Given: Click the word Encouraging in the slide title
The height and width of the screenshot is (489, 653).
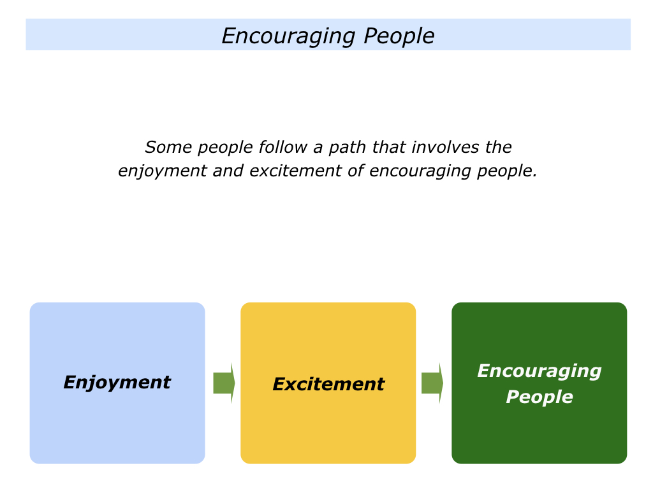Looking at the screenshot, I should (289, 36).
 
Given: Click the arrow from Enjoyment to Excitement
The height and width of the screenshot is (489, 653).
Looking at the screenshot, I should (224, 383).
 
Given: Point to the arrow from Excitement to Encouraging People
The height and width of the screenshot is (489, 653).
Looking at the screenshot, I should (432, 383).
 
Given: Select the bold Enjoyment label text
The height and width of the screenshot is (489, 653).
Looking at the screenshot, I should (117, 383).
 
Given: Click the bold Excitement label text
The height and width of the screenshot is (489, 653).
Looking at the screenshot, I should (328, 385).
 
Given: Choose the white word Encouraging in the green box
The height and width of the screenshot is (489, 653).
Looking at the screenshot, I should (539, 371).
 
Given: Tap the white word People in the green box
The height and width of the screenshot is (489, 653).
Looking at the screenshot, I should (539, 397).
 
